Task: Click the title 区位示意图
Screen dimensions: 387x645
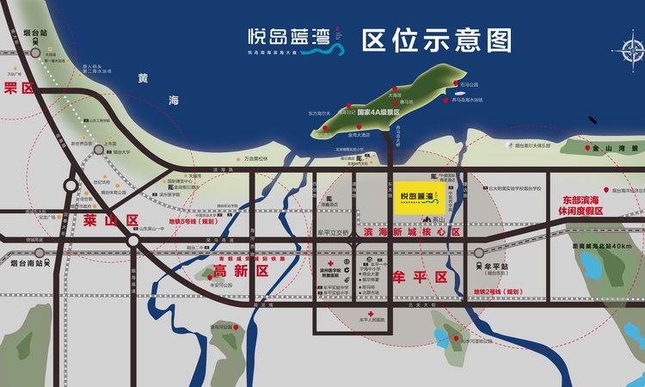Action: [x=438, y=40]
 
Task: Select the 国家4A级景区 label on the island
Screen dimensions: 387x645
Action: [x=379, y=112]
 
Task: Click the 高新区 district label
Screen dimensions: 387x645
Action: [x=242, y=271]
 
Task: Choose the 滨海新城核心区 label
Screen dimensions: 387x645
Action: [x=413, y=232]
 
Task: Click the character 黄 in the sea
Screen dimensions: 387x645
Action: [x=142, y=79]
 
